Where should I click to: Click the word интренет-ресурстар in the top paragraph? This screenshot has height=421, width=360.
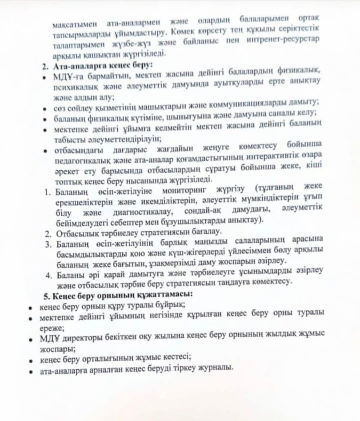[283, 39]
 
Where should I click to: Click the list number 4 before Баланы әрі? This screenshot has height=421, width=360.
[49, 275]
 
